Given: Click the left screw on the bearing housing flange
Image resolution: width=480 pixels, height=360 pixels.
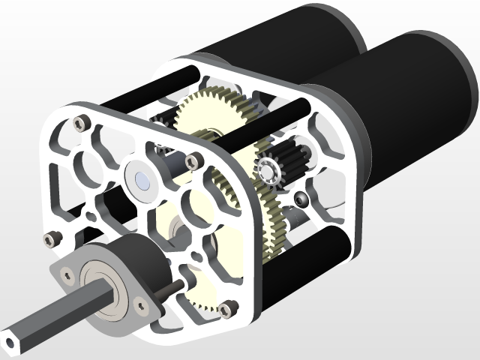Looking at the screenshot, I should pyautogui.click(x=64, y=276).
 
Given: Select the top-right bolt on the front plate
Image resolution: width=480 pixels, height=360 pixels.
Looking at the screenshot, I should pyautogui.click(x=193, y=160).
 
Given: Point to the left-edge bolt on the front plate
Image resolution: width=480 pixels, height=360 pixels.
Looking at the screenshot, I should pyautogui.click(x=51, y=239).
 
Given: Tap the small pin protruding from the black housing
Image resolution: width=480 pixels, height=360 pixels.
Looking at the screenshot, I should pyautogui.click(x=172, y=288).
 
